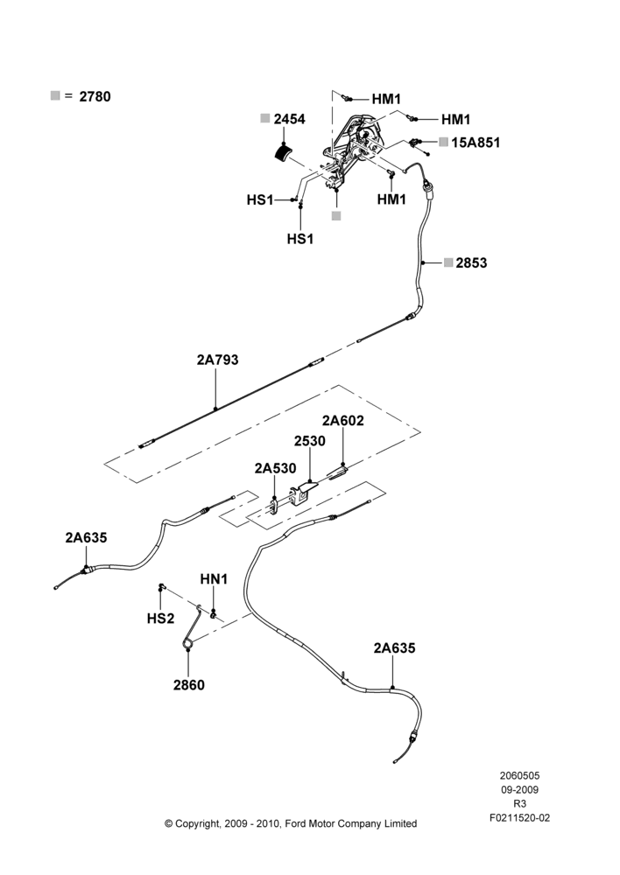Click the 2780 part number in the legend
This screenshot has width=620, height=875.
(x=95, y=96)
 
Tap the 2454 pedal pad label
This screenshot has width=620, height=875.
(x=289, y=119)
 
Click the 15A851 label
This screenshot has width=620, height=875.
(x=476, y=143)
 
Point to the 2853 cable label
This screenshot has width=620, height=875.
(x=471, y=262)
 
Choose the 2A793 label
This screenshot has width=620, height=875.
(x=217, y=360)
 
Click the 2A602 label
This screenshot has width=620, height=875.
(x=342, y=421)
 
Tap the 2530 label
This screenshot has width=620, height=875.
(x=310, y=441)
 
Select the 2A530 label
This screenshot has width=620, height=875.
(x=275, y=468)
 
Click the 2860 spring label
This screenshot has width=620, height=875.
(x=189, y=685)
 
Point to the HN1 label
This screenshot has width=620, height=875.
(x=214, y=579)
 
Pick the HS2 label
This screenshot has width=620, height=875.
(x=160, y=619)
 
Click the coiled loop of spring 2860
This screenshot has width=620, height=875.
(x=188, y=644)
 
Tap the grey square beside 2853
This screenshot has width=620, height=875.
(x=448, y=262)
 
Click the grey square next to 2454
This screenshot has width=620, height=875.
(x=265, y=118)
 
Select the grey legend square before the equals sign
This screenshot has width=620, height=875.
(x=55, y=95)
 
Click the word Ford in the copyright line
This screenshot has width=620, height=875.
(x=296, y=823)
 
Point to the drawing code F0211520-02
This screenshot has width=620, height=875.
(x=519, y=818)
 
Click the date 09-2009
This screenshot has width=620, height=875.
(x=519, y=789)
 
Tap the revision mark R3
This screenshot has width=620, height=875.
(x=519, y=804)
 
